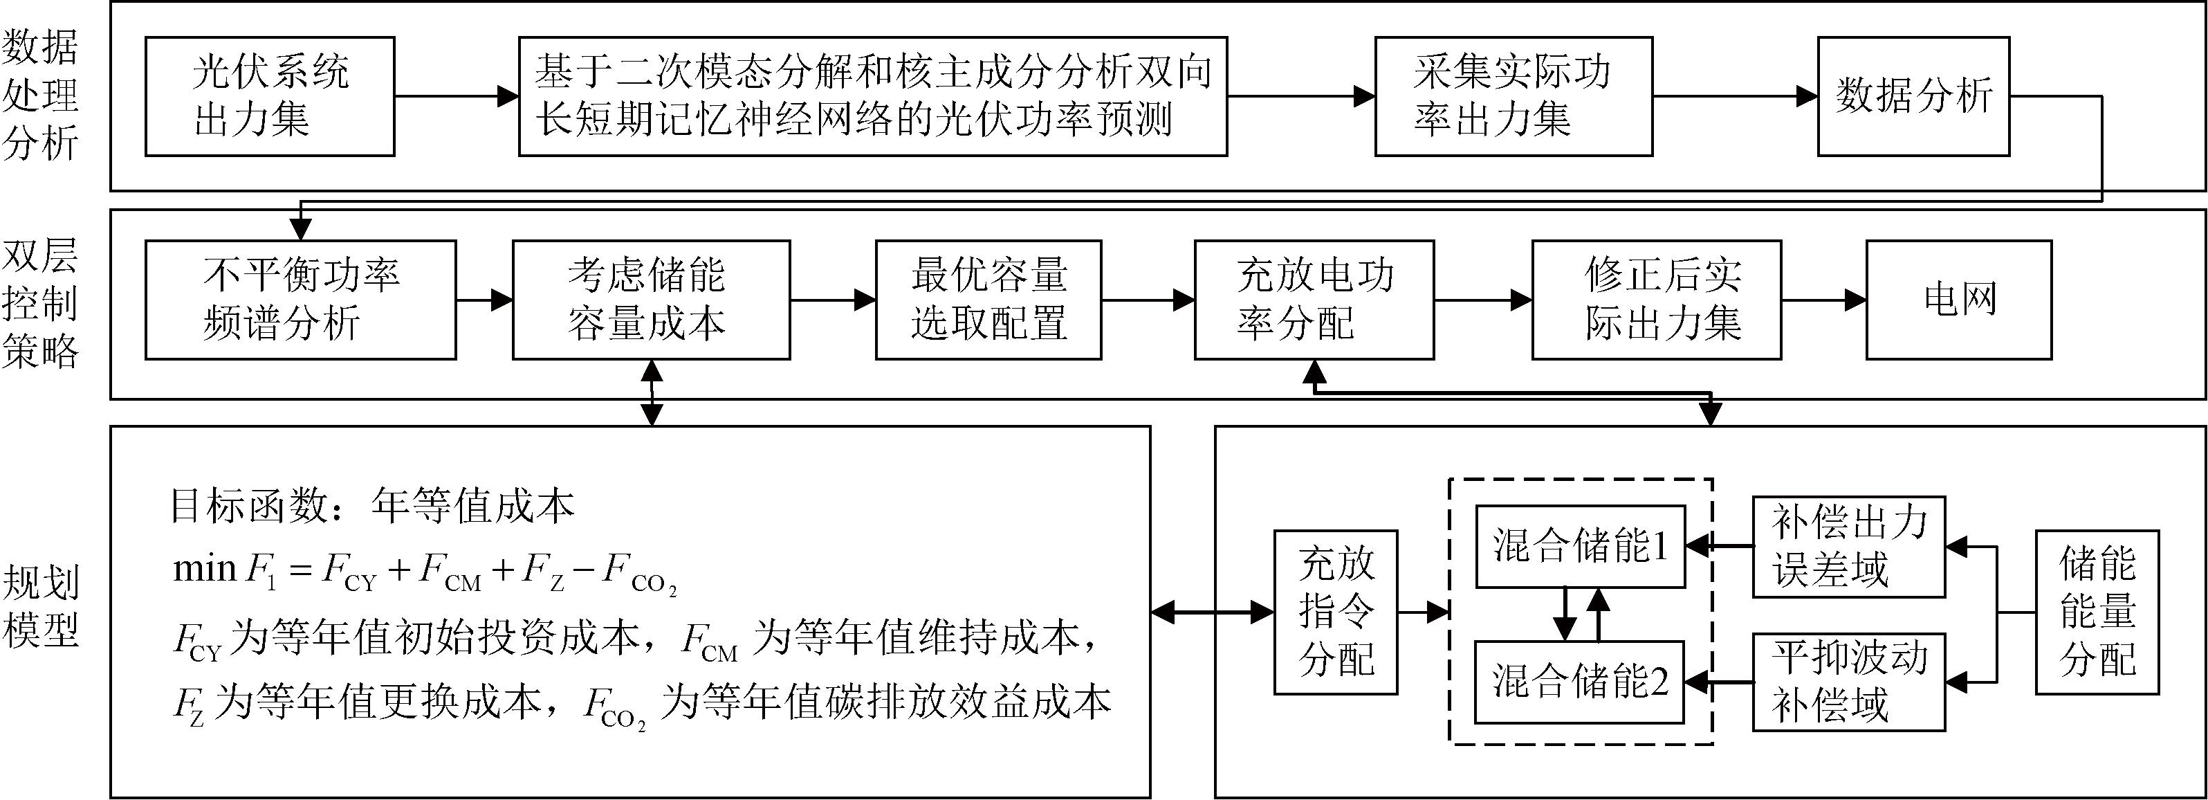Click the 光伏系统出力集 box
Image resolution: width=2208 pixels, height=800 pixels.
coord(269,96)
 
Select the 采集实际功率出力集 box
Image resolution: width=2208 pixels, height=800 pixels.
coord(1513,96)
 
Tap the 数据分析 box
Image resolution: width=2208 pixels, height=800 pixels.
coord(1913,96)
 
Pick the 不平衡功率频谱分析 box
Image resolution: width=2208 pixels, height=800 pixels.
coord(300,299)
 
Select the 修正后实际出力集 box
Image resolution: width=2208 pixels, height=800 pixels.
coord(1656,299)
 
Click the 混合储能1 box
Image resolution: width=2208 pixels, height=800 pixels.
coord(1580,546)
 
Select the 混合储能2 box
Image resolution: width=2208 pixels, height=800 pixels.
coord(1580,682)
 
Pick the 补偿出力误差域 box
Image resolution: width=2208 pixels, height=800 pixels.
coord(1848,546)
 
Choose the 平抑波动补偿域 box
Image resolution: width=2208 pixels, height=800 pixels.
coord(1848,682)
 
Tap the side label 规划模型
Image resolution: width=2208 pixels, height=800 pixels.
coord(39,606)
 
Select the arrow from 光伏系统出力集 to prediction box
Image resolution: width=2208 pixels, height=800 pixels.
coord(456,96)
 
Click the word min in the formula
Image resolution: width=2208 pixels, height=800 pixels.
coord(204,568)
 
